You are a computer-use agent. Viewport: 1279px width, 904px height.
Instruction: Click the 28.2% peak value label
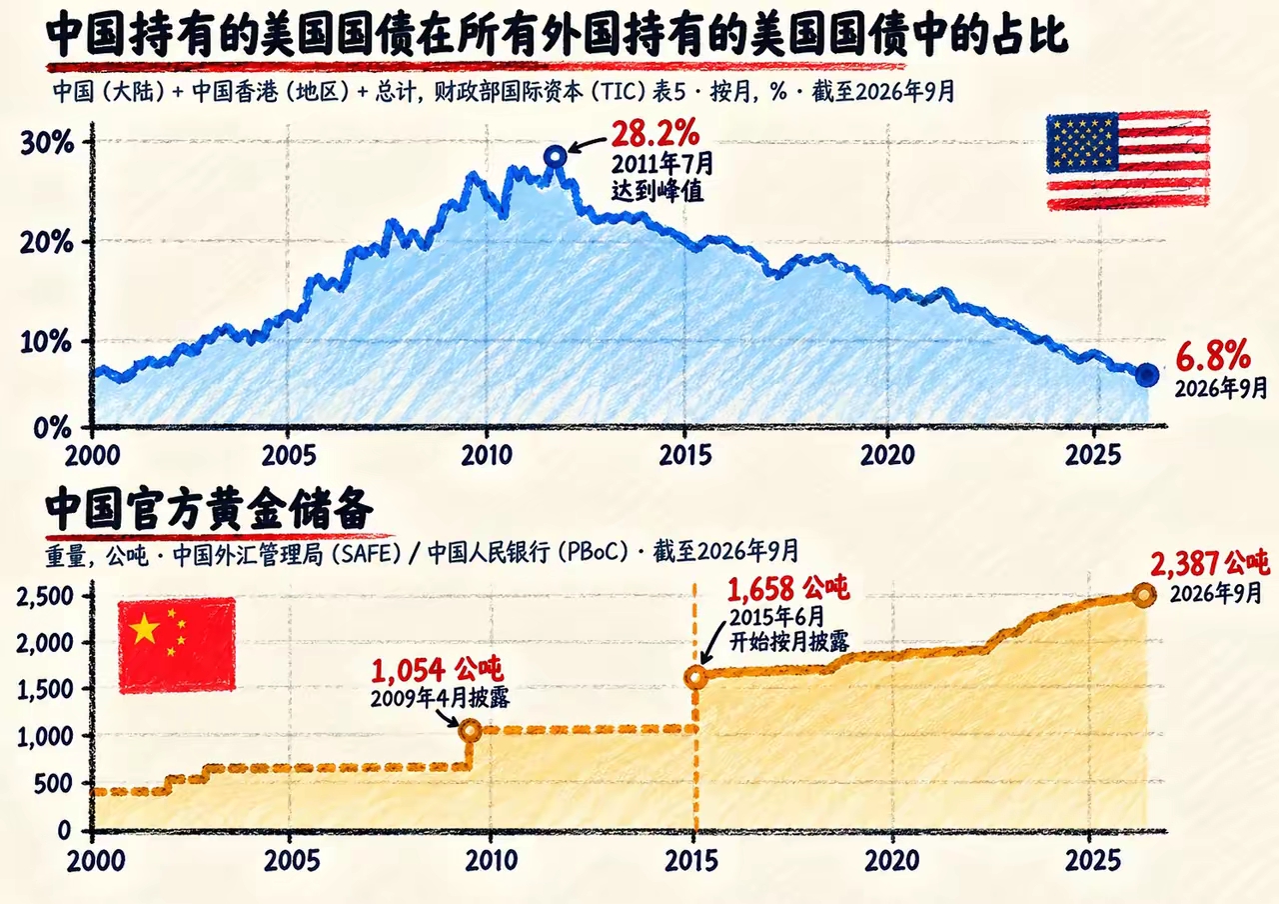(654, 134)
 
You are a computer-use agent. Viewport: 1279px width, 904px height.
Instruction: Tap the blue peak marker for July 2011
(556, 155)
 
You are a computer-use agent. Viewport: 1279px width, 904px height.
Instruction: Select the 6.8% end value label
(1213, 355)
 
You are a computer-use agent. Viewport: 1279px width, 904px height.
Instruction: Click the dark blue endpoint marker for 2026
(1146, 375)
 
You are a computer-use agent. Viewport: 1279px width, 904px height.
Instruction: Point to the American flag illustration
(1128, 161)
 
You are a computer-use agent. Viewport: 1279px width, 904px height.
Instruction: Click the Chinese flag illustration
(177, 645)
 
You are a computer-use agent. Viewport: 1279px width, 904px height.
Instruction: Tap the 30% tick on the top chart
(47, 143)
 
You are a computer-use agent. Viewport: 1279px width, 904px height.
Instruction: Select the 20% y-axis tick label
(47, 243)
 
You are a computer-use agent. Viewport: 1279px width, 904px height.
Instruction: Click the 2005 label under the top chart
(289, 455)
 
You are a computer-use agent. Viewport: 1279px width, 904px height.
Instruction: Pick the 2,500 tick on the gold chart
(45, 597)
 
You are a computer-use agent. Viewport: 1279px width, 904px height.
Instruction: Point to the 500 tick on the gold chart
(53, 784)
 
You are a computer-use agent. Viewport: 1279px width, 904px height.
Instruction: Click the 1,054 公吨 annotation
(437, 670)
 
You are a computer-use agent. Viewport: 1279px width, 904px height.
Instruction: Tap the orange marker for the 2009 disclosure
(471, 730)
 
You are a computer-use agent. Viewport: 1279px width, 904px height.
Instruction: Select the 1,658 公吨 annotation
(788, 589)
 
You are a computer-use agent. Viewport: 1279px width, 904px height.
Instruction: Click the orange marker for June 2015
(695, 678)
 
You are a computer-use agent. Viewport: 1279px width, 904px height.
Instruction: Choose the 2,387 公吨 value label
(1209, 563)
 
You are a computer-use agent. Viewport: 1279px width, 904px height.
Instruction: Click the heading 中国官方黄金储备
(209, 509)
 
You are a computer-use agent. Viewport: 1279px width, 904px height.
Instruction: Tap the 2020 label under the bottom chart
(892, 861)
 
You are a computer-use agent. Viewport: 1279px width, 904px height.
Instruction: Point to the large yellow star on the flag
(144, 629)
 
